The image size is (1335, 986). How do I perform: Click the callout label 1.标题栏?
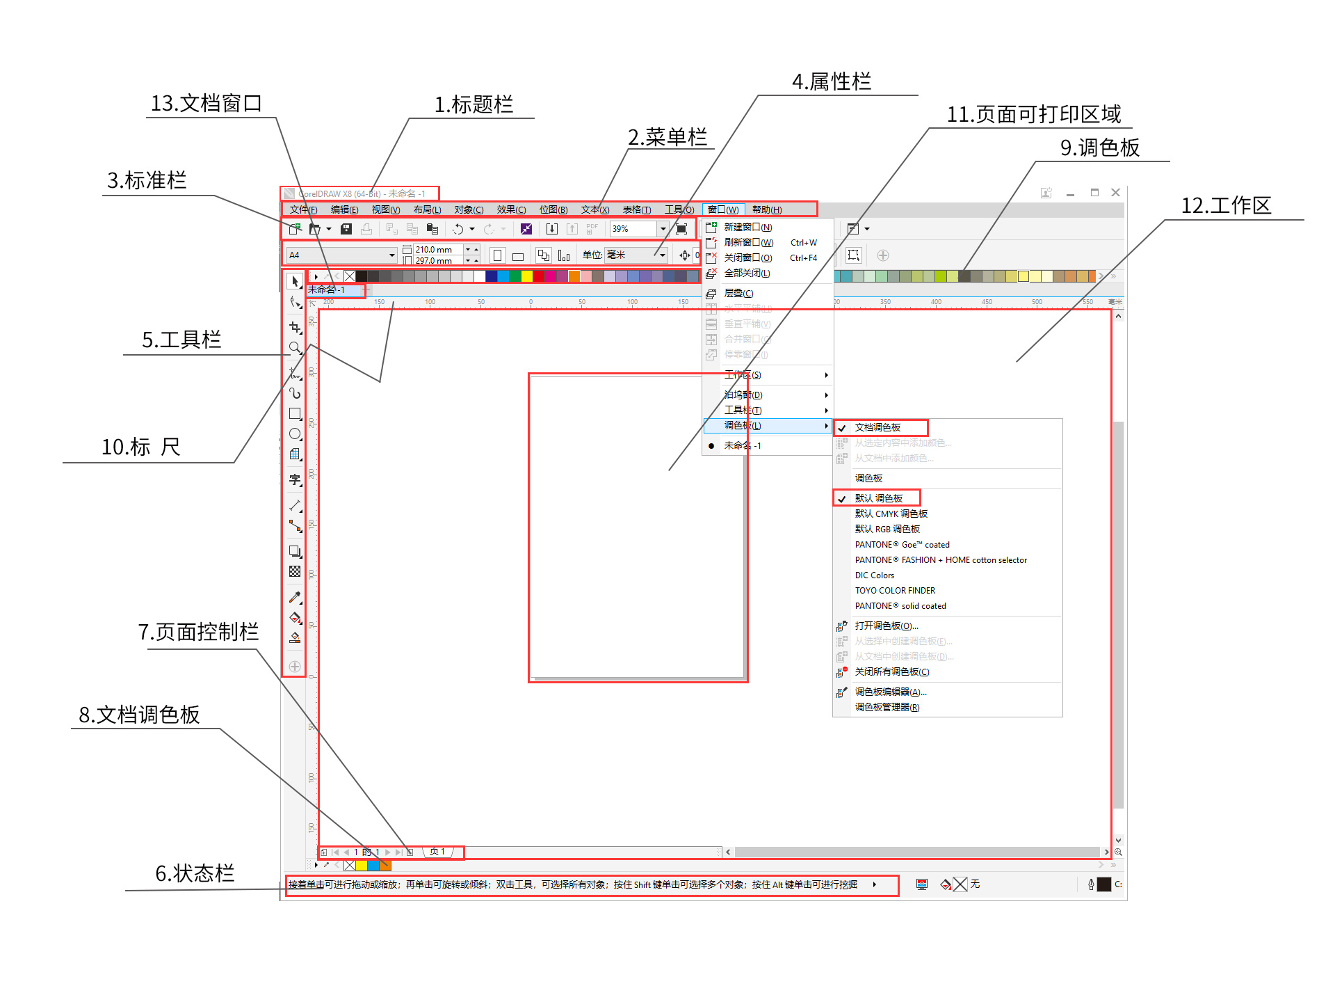pyautogui.click(x=474, y=105)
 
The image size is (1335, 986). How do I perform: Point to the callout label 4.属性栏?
pyautogui.click(x=831, y=82)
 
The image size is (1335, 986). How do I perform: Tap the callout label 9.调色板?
pyautogui.click(x=1099, y=148)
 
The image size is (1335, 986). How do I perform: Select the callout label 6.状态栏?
pyautogui.click(x=195, y=873)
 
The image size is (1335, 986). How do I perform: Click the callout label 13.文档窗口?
pyautogui.click(x=206, y=104)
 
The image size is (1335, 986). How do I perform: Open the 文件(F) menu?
pyautogui.click(x=303, y=209)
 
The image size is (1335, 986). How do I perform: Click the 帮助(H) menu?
pyautogui.click(x=766, y=209)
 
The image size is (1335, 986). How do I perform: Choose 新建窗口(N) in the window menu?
pyautogui.click(x=747, y=227)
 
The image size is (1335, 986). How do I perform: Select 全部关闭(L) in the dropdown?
pyautogui.click(x=747, y=273)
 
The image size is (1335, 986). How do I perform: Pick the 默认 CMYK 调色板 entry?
pyautogui.click(x=891, y=514)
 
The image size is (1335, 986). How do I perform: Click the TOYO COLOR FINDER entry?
pyautogui.click(x=895, y=591)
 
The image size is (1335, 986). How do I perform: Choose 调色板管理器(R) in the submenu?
pyautogui.click(x=887, y=707)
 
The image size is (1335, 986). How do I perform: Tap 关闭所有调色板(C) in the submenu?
pyautogui.click(x=891, y=671)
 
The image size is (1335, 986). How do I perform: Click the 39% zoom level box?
pyautogui.click(x=632, y=229)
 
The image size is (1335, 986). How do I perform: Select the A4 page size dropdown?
pyautogui.click(x=341, y=255)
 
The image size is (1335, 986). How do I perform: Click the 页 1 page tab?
pyautogui.click(x=437, y=852)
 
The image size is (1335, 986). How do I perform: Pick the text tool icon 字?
pyautogui.click(x=295, y=479)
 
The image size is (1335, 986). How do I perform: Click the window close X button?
pyautogui.click(x=1115, y=193)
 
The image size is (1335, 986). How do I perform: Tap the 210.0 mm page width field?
pyautogui.click(x=437, y=249)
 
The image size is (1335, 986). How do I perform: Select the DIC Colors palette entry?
pyautogui.click(x=874, y=575)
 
